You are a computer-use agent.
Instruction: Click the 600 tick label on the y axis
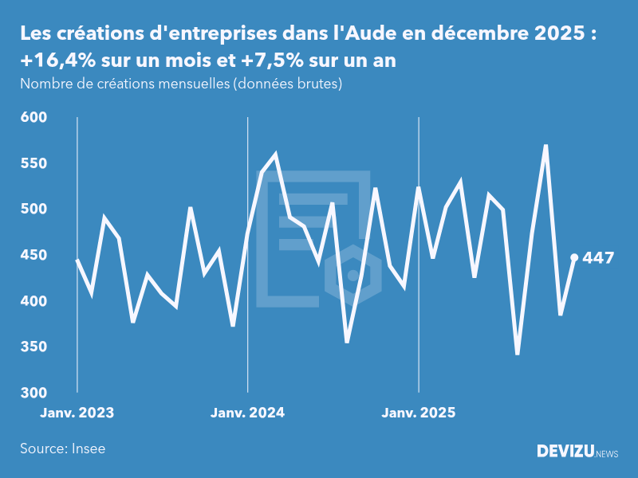35,118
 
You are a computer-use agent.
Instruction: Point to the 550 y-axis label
35,163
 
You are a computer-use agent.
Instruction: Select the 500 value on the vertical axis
35,210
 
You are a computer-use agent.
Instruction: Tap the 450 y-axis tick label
35,256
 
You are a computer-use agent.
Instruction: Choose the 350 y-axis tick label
35,347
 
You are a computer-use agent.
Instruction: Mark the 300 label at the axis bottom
35,394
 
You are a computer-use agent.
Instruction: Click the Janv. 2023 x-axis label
77,413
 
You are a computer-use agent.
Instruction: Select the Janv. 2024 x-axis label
248,413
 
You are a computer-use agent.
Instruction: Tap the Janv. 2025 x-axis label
419,413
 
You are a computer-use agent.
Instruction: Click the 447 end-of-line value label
598,258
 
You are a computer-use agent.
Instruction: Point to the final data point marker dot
574,257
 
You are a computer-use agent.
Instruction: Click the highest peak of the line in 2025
545,146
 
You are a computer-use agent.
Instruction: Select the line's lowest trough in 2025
518,354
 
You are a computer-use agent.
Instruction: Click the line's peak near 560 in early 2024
276,155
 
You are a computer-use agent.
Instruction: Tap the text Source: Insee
62,449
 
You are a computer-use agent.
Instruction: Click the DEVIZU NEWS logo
577,452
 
